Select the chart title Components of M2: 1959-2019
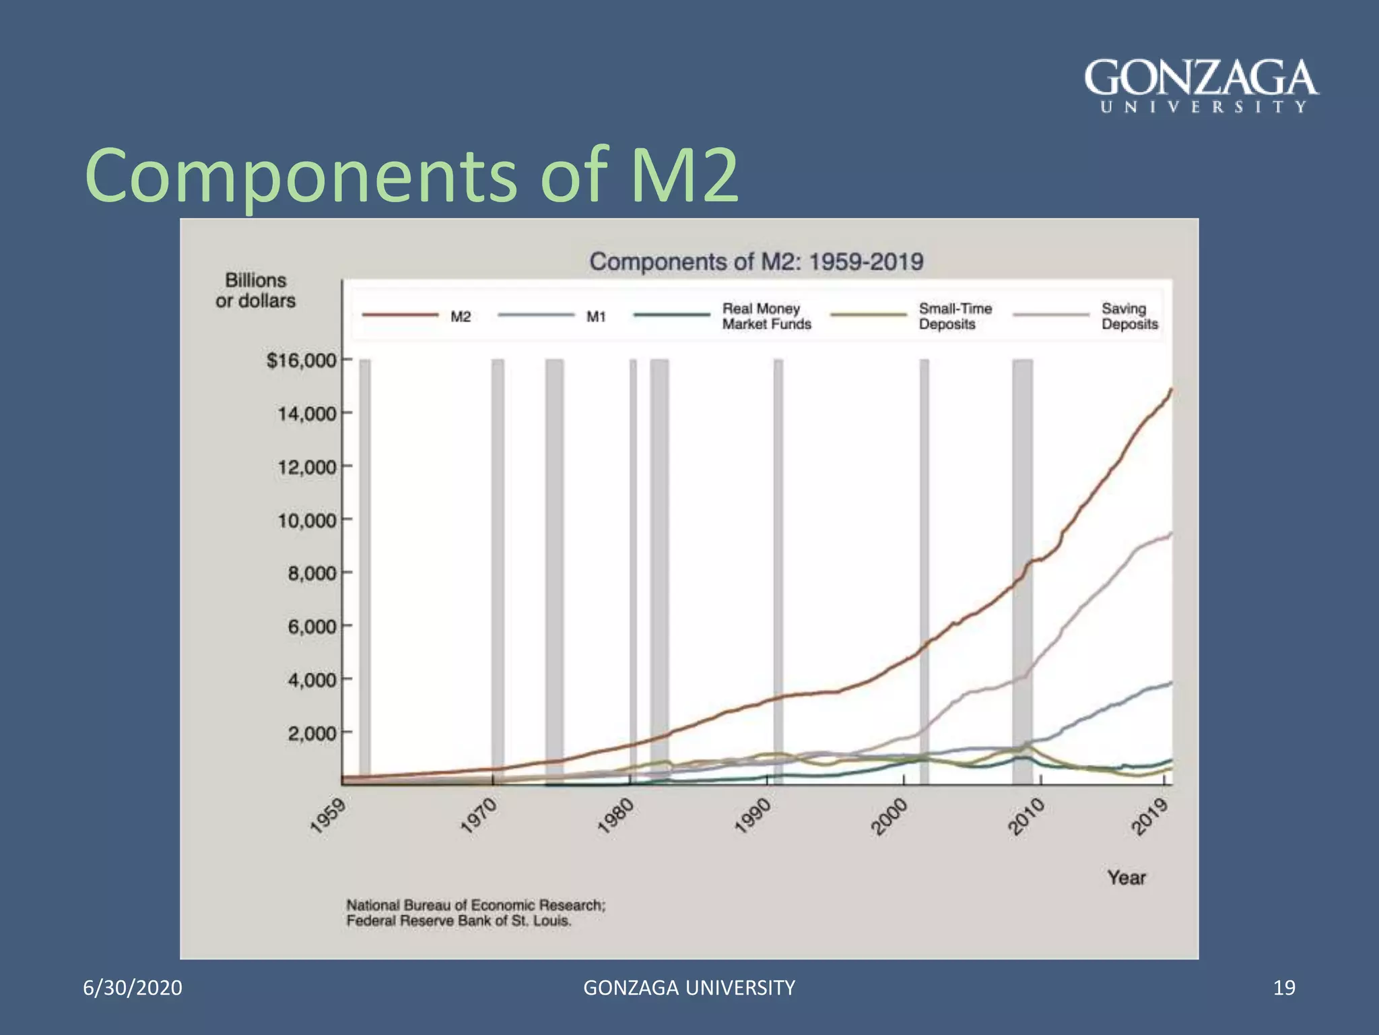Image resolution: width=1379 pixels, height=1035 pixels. coord(756,261)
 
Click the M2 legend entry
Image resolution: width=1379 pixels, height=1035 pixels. coord(461,317)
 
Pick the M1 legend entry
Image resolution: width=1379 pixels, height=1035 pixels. coord(596,317)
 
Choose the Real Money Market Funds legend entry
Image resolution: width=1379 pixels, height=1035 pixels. coord(766,316)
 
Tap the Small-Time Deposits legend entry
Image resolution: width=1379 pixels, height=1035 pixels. coord(955,316)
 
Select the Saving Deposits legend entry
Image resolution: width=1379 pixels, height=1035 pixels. coord(1129,316)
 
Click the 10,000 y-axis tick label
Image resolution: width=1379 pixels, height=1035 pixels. coord(307,520)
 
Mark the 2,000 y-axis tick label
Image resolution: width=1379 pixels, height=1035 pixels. coord(312,733)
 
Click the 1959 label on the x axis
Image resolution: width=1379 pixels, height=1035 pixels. coord(329,815)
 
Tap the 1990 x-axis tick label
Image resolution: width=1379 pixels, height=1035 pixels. coord(753,815)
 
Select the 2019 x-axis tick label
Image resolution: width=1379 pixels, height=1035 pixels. coord(1150,816)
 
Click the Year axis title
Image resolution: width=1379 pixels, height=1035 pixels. coord(1126,877)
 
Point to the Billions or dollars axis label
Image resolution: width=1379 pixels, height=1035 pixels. coord(256,290)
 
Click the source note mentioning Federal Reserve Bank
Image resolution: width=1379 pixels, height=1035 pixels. coord(475,913)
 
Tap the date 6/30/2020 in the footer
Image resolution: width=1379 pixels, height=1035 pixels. coord(133,987)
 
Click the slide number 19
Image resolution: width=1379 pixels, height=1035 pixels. coord(1284,987)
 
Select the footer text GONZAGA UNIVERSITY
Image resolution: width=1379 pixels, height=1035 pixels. coord(689,987)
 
